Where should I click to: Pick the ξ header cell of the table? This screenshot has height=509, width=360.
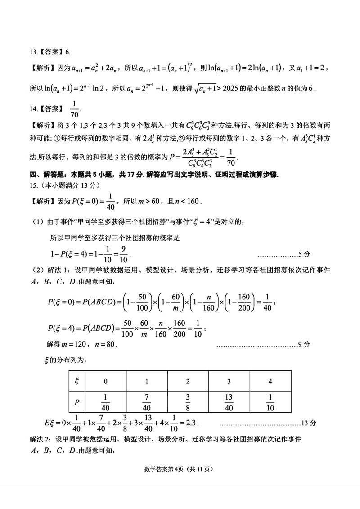point(77,381)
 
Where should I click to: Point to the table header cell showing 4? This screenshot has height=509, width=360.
point(270,381)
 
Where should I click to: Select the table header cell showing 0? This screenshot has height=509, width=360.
point(106,381)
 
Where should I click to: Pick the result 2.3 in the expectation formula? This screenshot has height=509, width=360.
point(191,423)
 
